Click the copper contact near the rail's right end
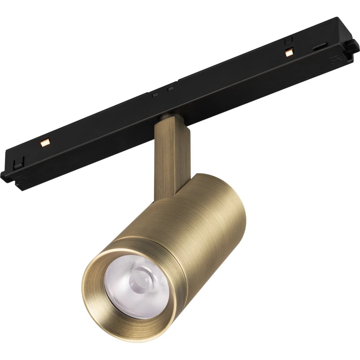pos(288,53)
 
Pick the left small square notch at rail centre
pos(156,94)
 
